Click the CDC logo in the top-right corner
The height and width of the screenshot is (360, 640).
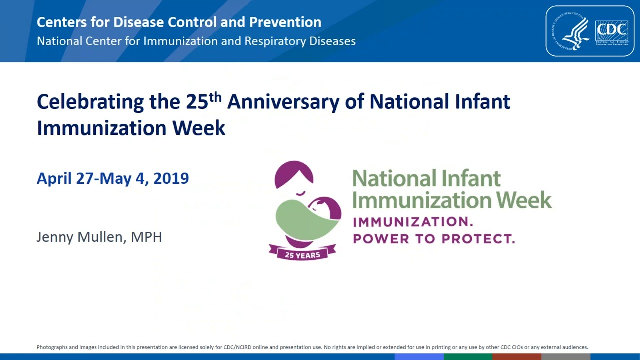611,31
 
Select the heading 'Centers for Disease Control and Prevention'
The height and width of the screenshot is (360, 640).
179,22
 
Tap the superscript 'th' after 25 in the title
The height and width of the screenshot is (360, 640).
215,96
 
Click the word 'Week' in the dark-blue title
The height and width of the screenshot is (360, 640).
199,128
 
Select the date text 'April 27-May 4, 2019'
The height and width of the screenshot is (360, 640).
113,178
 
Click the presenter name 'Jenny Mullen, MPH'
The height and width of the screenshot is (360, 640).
99,237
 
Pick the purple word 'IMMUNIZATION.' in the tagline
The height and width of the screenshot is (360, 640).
413,222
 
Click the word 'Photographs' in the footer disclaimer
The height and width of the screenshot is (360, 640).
52,347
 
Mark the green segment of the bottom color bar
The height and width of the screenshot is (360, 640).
468,357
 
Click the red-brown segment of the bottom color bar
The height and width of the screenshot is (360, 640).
516,357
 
